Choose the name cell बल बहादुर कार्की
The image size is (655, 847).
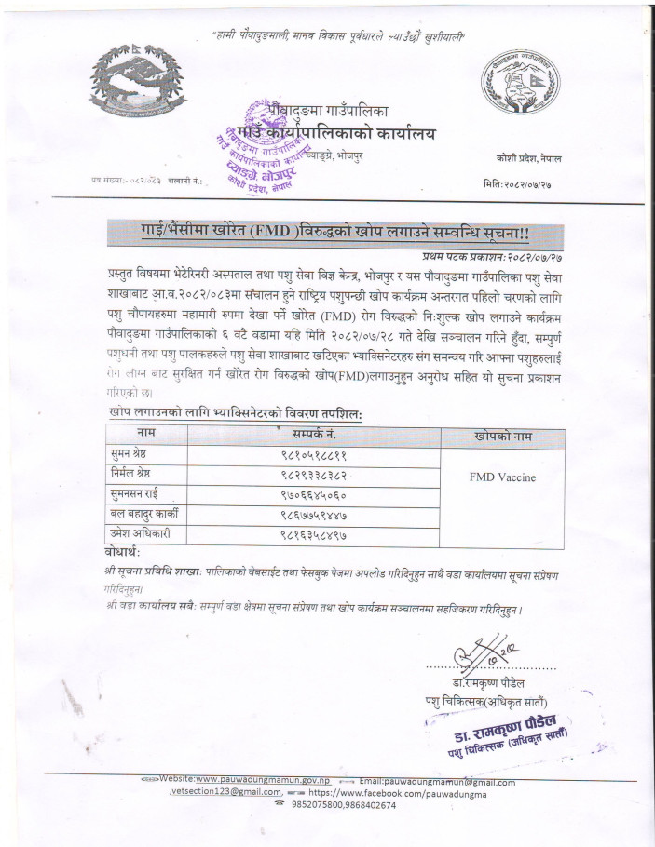[144, 513]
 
